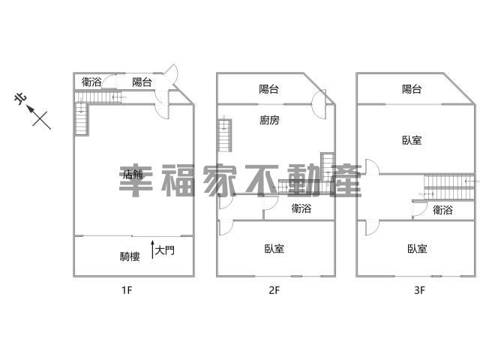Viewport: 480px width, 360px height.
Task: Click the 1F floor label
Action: [x=127, y=290]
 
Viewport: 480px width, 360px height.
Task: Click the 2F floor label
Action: [x=274, y=290]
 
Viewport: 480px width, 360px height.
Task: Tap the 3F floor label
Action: [x=420, y=290]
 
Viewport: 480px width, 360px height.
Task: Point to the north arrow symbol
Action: [x=39, y=117]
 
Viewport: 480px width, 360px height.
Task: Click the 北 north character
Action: [x=20, y=99]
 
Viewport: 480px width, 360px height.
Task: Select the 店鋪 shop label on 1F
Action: [x=133, y=174]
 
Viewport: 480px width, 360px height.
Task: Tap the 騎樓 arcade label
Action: [x=130, y=256]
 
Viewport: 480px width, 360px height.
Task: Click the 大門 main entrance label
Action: [x=165, y=250]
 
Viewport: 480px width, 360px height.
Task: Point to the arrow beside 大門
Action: [x=152, y=250]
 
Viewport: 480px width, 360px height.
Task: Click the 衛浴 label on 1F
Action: [x=91, y=82]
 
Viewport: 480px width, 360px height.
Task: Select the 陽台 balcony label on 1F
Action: [x=142, y=82]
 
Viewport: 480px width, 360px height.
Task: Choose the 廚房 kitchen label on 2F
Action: [x=269, y=120]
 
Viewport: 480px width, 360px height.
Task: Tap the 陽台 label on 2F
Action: [x=268, y=89]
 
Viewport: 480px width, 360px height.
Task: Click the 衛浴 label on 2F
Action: [x=301, y=208]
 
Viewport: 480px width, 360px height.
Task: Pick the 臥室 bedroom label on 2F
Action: [x=274, y=248]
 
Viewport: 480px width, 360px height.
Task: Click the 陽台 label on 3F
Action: [x=412, y=89]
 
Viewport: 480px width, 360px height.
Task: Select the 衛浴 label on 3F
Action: [x=442, y=210]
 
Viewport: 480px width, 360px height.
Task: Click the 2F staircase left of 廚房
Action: [x=225, y=136]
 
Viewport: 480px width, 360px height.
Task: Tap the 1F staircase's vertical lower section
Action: [x=82, y=118]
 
